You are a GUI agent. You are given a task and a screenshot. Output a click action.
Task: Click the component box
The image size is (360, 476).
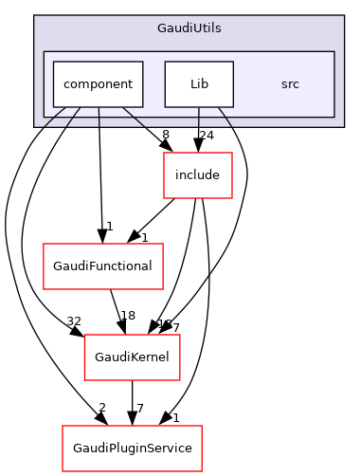(x=98, y=83)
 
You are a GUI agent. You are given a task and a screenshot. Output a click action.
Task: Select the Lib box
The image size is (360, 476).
(x=198, y=83)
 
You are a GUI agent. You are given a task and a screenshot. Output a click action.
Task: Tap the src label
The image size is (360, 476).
(x=291, y=83)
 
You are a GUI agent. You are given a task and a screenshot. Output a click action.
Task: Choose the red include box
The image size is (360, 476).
(x=198, y=174)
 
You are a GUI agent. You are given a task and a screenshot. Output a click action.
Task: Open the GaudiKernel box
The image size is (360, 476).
(x=133, y=357)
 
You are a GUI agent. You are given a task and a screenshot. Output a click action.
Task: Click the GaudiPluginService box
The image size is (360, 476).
(x=133, y=443)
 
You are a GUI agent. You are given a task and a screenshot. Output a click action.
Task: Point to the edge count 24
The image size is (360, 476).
(x=206, y=136)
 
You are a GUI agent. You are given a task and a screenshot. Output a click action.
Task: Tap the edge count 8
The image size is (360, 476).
(x=165, y=136)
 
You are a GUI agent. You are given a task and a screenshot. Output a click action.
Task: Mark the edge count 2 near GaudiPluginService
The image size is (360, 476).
(x=100, y=407)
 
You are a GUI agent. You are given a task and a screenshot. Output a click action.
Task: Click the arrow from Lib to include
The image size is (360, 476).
(x=198, y=128)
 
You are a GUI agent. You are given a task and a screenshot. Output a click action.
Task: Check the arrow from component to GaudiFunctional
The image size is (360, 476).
(x=99, y=171)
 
